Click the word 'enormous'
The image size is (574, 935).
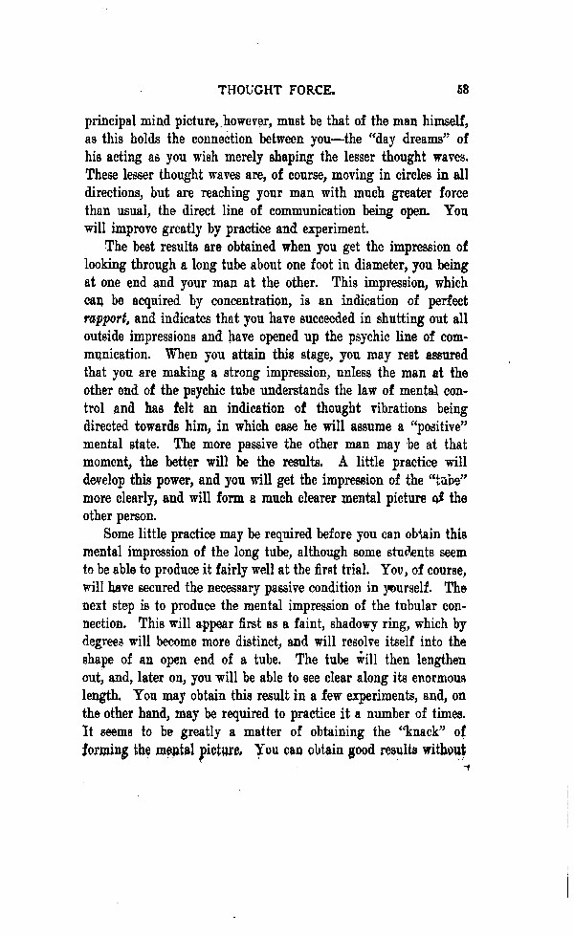pos(430,676)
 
